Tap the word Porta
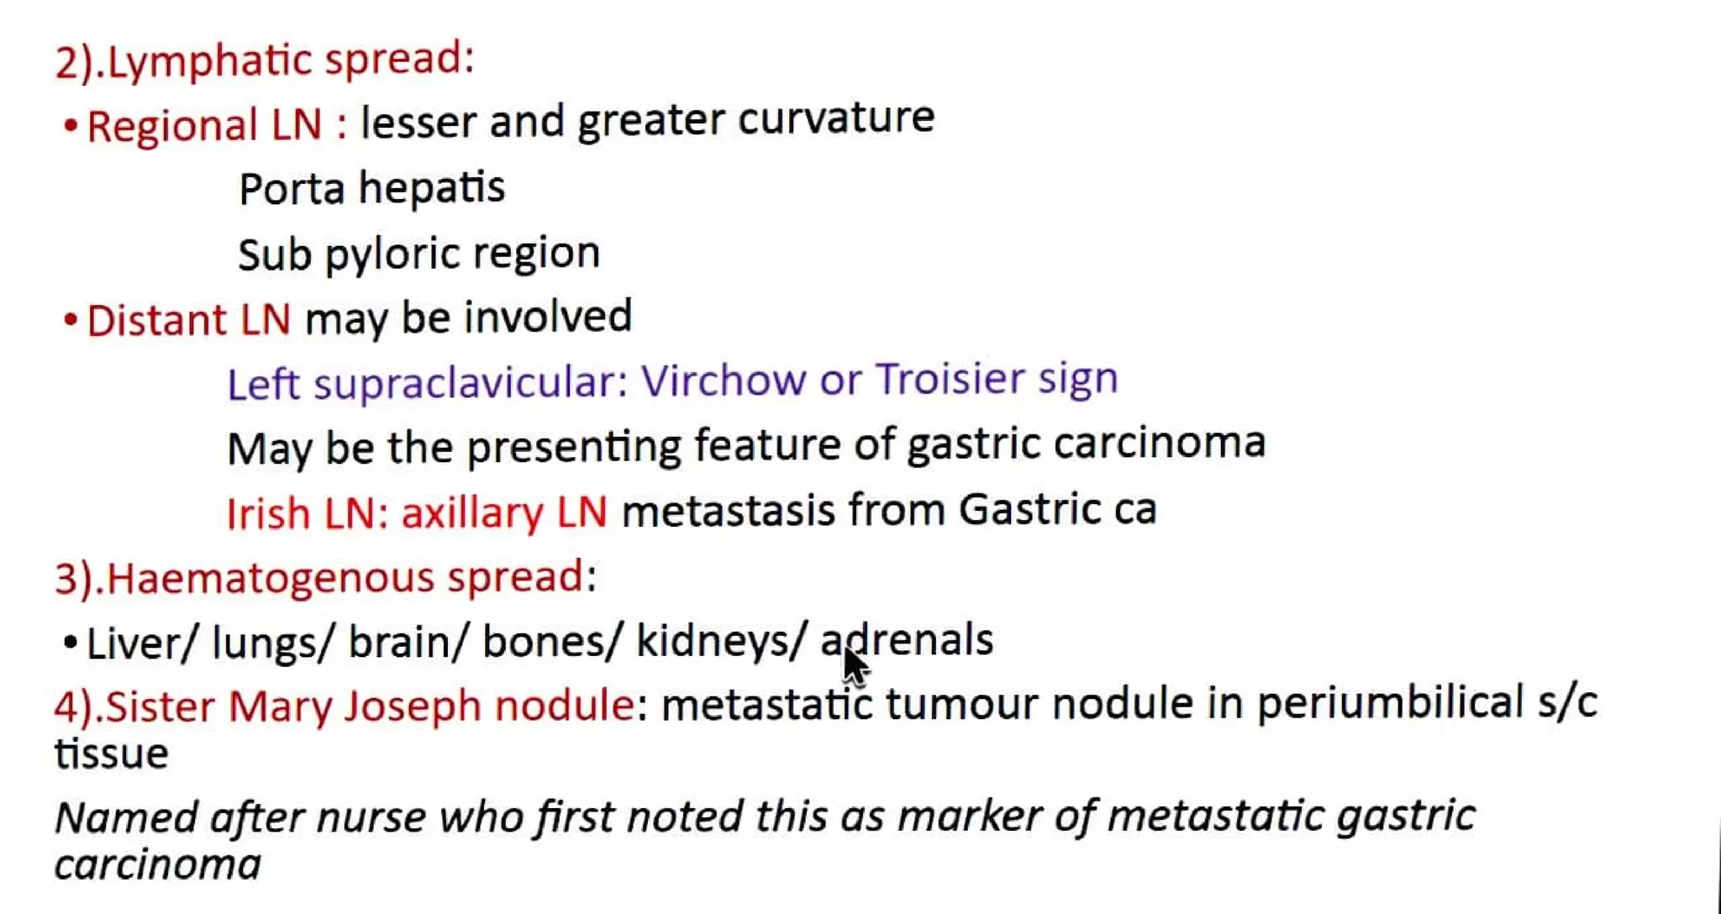coord(291,188)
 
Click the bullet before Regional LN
coord(71,126)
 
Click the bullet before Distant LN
coord(71,320)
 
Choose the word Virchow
coord(723,380)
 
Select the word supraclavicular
coord(470,382)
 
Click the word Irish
coord(268,512)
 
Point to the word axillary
coord(471,512)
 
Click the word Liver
coord(142,643)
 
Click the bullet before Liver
coord(71,643)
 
